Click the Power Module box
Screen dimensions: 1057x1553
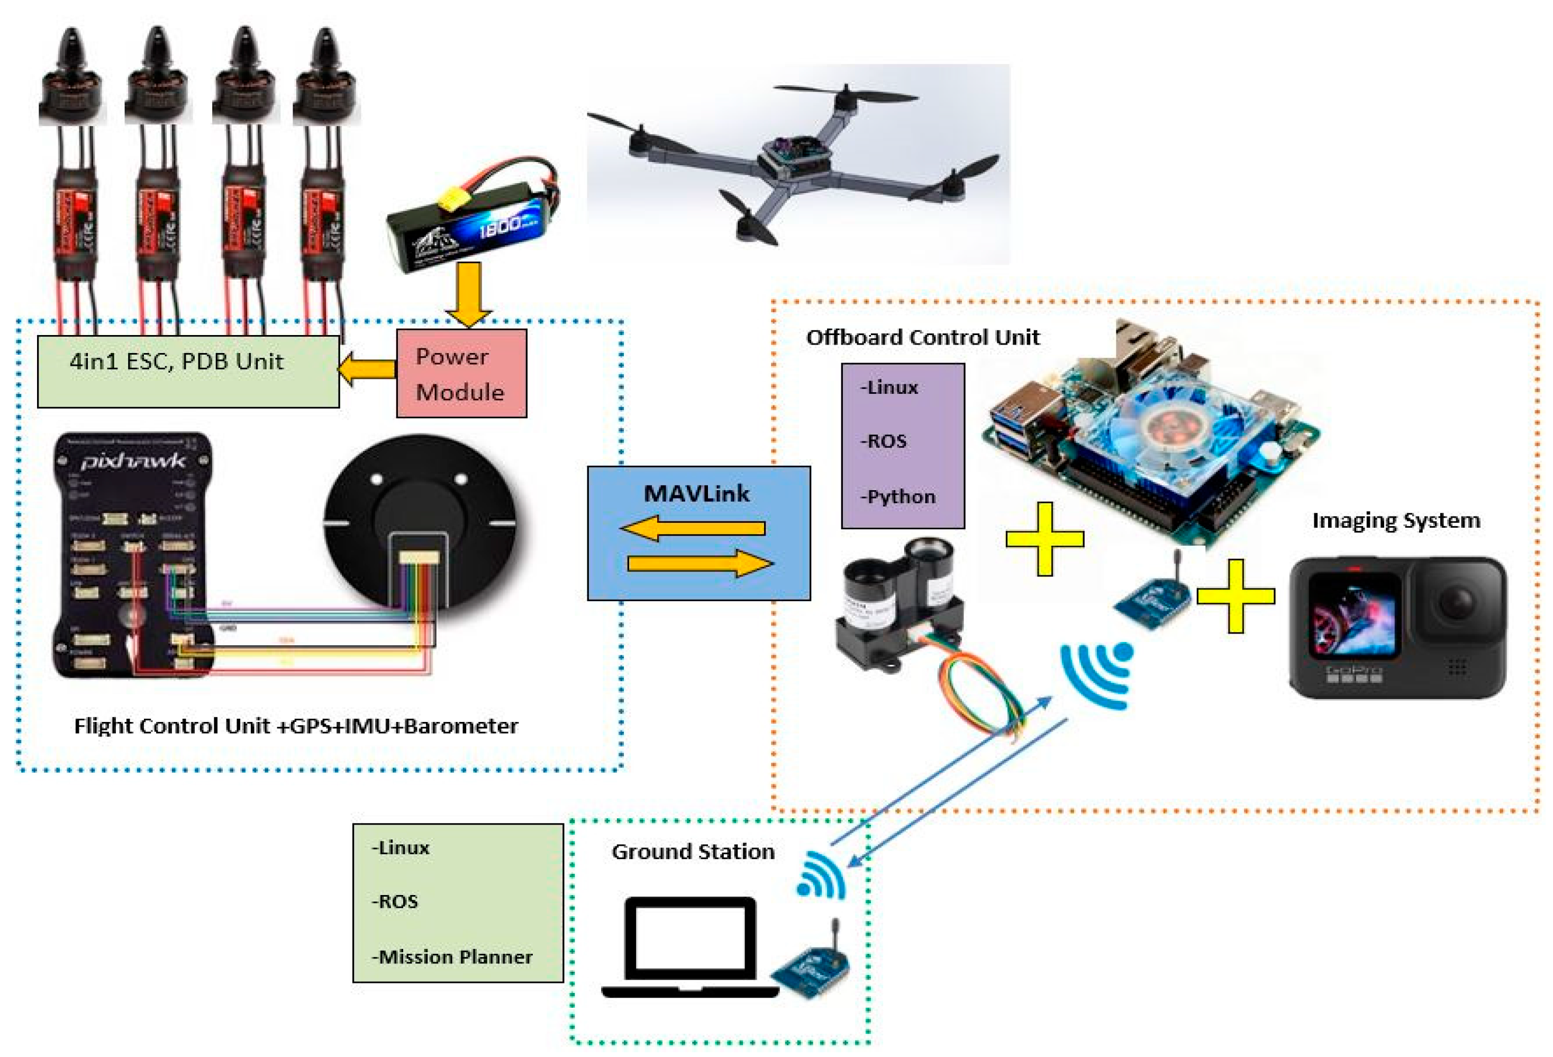(461, 373)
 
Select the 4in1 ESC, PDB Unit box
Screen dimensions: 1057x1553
(188, 371)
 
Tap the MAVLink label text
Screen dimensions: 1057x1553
(696, 493)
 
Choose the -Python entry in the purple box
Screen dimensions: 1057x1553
(897, 497)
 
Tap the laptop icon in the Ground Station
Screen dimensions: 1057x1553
(691, 945)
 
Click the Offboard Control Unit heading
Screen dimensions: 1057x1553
(922, 337)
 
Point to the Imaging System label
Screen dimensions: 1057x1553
(1395, 520)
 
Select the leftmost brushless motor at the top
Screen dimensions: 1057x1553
(71, 80)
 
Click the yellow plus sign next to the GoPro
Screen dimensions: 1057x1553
(1236, 595)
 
